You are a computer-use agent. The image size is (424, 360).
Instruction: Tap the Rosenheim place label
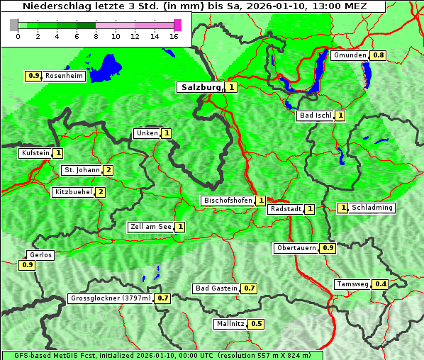[x=63, y=76]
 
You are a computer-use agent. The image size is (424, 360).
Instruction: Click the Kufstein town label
[x=35, y=153]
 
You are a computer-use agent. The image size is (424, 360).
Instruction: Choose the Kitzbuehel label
[x=72, y=192]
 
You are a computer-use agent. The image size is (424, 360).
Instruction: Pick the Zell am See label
[x=150, y=227]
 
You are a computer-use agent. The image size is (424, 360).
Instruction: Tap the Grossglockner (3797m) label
[x=111, y=298]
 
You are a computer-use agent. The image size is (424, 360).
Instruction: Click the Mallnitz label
[x=230, y=324]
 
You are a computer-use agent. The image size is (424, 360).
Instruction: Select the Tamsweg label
[x=352, y=284]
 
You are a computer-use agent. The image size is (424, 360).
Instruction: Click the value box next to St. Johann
[x=108, y=170]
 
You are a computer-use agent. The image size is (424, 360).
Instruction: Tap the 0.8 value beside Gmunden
[x=379, y=55]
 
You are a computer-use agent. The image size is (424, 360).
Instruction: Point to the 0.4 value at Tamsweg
[x=381, y=284]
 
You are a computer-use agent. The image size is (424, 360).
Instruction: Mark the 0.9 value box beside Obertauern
[x=328, y=248]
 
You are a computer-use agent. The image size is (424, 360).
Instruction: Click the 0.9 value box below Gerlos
[x=28, y=265]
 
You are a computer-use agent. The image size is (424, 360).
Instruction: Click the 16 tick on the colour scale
[x=174, y=36]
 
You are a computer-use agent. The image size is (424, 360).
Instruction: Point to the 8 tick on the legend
[x=95, y=36]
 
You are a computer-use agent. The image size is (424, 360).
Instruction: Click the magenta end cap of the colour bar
[x=177, y=25]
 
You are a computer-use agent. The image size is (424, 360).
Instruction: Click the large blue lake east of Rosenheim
[x=107, y=68]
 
